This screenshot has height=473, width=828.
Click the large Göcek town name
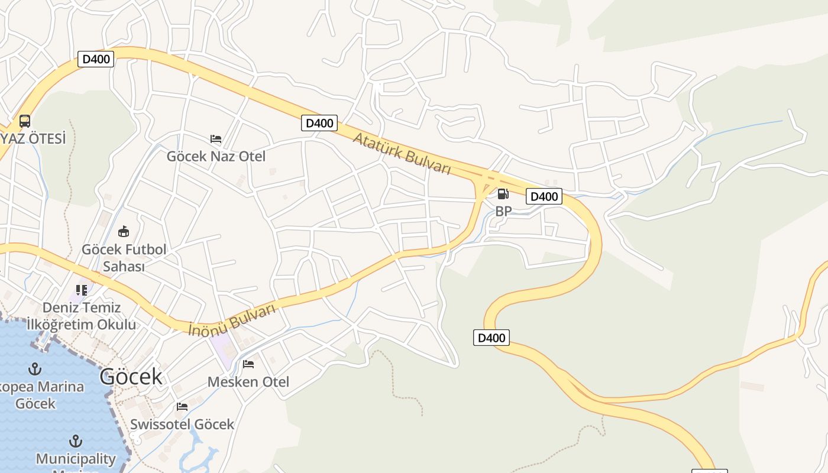(131, 376)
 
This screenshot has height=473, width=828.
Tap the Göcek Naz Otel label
(216, 157)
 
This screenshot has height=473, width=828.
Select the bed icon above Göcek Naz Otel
(216, 139)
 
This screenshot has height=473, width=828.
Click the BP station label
(503, 211)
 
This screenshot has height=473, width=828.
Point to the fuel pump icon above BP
(503, 193)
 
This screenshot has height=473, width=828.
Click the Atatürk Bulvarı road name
(402, 153)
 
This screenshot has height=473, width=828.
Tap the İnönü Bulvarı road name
(232, 320)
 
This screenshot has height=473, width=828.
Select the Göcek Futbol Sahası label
(124, 258)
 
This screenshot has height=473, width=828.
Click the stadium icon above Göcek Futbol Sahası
(124, 231)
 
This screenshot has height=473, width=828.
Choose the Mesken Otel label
(248, 382)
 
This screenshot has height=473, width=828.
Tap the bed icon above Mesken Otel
(248, 364)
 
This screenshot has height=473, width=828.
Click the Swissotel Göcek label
(182, 425)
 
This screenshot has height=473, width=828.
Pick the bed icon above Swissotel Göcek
(182, 407)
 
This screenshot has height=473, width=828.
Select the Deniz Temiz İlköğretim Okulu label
(82, 316)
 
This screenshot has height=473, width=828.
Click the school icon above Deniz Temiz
(82, 290)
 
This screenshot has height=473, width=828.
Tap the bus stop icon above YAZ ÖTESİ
(25, 121)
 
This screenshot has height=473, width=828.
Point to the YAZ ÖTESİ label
(33, 139)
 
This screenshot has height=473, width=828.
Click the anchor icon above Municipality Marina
(76, 441)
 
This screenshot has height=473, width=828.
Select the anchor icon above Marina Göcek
(35, 369)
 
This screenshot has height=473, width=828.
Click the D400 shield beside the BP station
(544, 196)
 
